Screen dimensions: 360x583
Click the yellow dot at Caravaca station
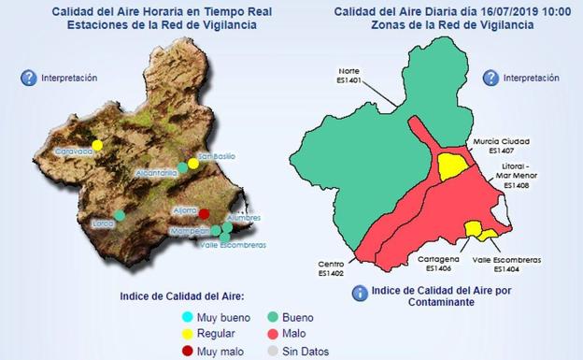[97, 145]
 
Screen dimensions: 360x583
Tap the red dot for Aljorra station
[204, 214]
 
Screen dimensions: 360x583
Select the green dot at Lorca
[120, 216]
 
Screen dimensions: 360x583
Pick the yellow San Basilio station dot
[193, 163]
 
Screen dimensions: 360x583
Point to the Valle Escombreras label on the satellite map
[234, 245]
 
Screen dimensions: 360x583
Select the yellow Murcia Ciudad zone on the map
[453, 166]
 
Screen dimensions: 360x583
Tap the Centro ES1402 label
[332, 269]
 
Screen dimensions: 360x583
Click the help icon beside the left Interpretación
[29, 78]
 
